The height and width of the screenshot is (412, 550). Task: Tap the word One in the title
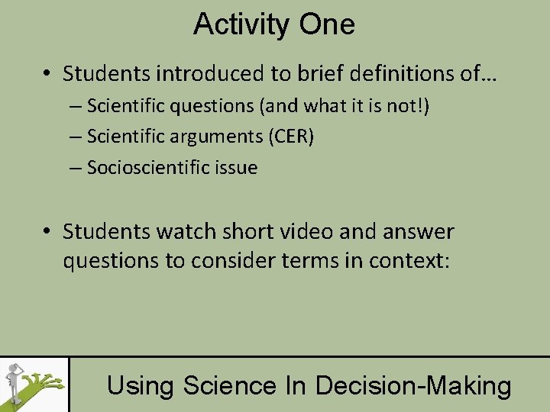[326, 24]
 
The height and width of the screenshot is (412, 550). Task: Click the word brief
[319, 74]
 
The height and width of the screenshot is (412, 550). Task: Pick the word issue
[235, 168]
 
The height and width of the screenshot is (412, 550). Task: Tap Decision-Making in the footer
[413, 385]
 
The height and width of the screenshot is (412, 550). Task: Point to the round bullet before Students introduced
[47, 75]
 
